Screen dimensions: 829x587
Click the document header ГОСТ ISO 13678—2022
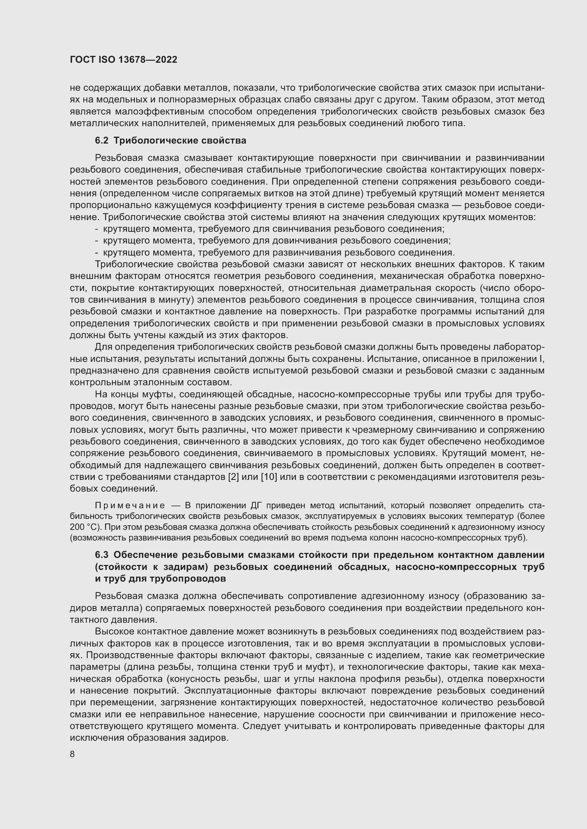coord(123,60)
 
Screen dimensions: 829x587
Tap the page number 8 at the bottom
coord(72,754)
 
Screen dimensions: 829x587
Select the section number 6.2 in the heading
coord(102,141)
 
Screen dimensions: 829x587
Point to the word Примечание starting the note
coord(130,505)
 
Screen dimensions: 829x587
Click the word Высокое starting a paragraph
coord(114,632)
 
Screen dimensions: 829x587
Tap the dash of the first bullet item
coord(97,229)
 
